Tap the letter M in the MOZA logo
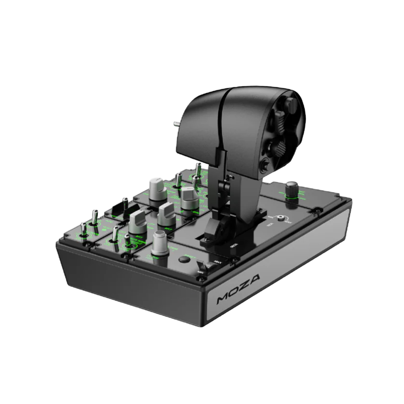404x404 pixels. pyautogui.click(x=223, y=299)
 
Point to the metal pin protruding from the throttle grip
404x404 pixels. pyautogui.click(x=177, y=123)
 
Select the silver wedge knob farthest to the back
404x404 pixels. pyautogui.click(x=158, y=188)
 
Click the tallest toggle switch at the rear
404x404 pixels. pyautogui.click(x=198, y=170)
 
